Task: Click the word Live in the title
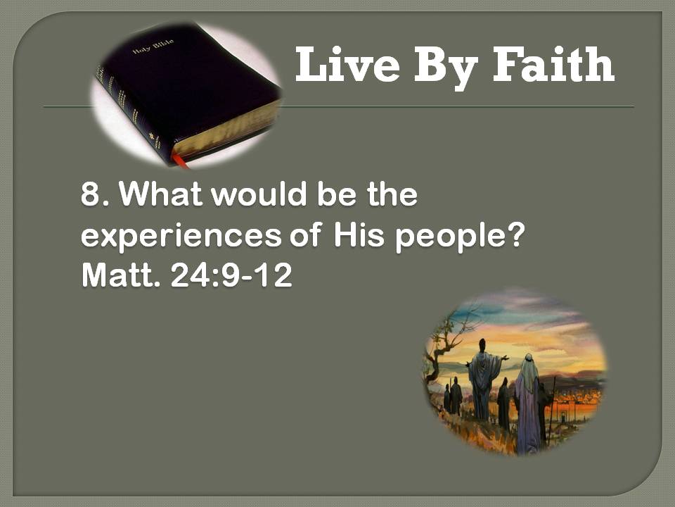[x=347, y=65]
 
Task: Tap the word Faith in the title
[x=553, y=64]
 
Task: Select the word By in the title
[x=446, y=68]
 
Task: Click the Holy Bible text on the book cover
[x=154, y=46]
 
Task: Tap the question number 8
[x=91, y=194]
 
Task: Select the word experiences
[x=181, y=237]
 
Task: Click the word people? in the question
[x=460, y=237]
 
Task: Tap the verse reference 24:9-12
[x=231, y=275]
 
